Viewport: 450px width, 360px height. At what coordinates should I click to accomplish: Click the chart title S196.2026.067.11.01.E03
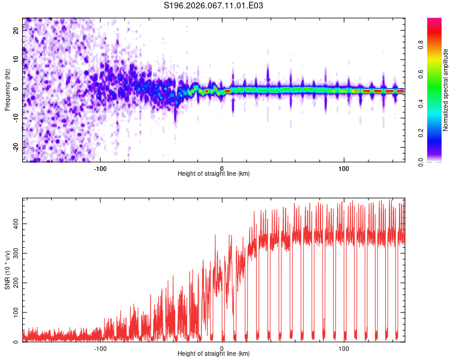214,5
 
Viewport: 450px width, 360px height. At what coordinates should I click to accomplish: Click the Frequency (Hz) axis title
7,90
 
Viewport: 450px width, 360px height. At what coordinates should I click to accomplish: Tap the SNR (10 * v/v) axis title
7,270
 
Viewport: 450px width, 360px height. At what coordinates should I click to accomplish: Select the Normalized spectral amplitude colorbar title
445,90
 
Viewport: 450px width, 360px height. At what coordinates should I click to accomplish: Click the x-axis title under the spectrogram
214,173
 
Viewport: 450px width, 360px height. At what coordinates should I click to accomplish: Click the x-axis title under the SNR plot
214,354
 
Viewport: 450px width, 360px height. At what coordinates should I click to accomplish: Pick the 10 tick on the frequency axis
16,60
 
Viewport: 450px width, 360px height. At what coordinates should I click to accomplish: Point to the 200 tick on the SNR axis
14,283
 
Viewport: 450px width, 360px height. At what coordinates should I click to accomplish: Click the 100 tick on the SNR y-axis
14,313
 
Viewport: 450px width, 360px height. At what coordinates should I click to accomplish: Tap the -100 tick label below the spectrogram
100,167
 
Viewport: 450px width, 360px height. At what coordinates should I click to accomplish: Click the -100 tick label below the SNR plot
100,348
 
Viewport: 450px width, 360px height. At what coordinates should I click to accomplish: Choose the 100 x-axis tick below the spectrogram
344,167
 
